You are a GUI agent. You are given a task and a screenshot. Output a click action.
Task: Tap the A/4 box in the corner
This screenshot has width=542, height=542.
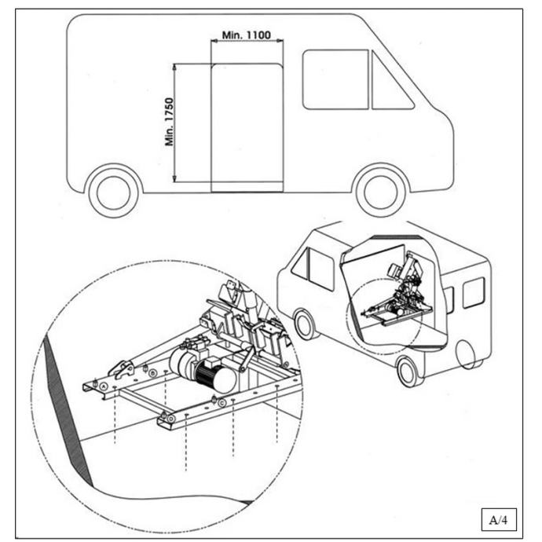coord(500,519)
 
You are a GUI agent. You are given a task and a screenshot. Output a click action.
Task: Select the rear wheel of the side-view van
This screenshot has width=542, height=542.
coord(114,192)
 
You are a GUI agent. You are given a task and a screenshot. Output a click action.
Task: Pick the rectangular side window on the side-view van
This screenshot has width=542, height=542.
coord(335,79)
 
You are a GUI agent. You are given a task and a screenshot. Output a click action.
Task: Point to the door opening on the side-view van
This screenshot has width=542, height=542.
coord(247,128)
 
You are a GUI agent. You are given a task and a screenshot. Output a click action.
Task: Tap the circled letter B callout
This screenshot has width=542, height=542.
coord(153,372)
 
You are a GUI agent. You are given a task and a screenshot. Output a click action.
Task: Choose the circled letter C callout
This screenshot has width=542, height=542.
coord(223,402)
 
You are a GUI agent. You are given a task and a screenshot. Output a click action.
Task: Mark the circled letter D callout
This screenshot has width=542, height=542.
coord(170,420)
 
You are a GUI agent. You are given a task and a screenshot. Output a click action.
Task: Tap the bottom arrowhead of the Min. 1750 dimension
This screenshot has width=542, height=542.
coord(175,180)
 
